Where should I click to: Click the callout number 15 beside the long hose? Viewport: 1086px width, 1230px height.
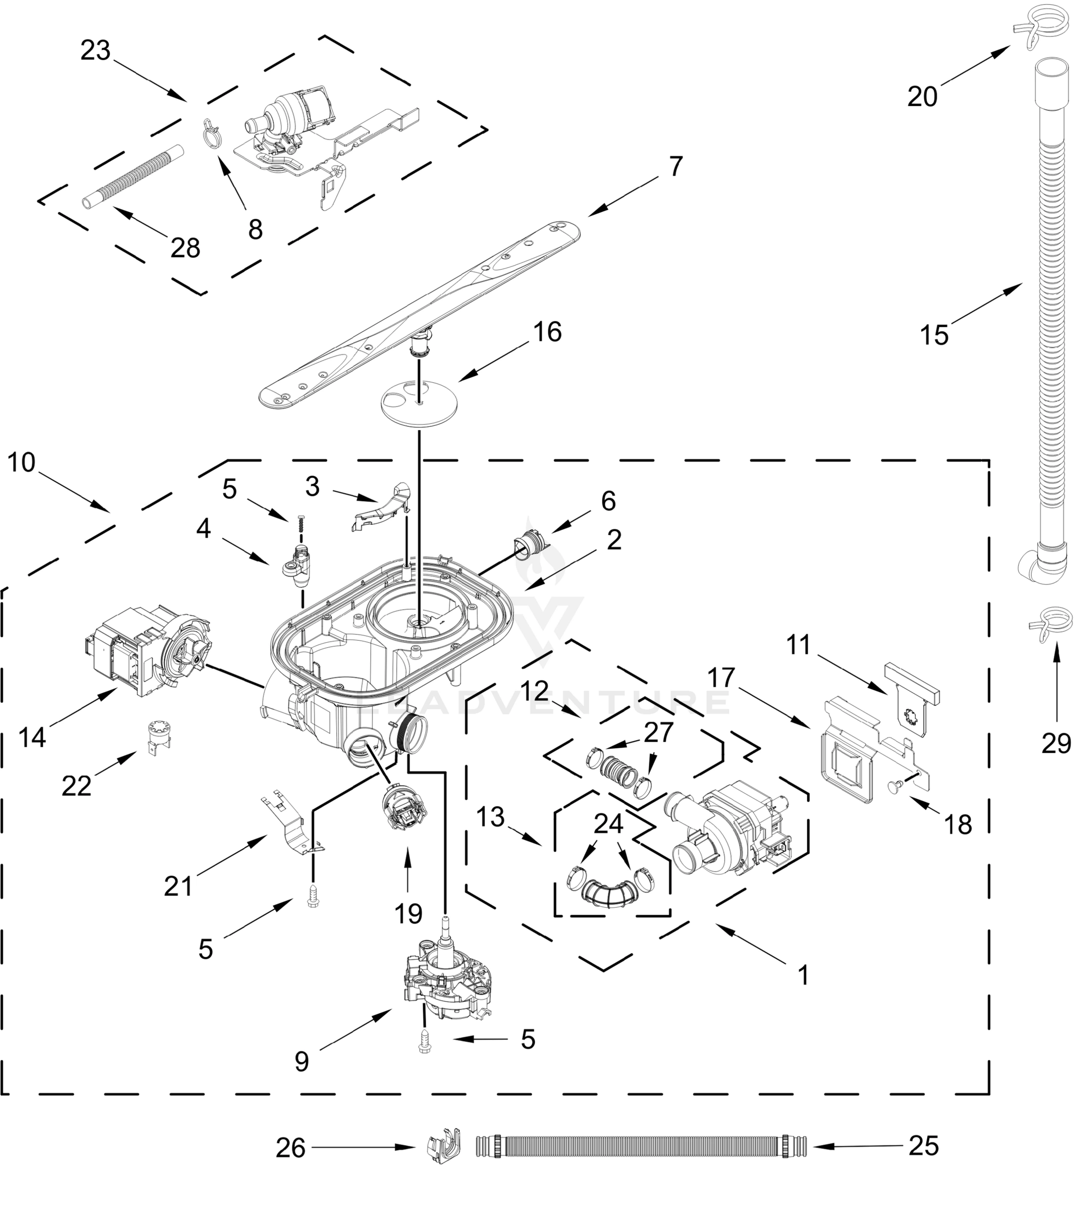pos(934,335)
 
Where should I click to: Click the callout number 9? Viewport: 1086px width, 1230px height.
pos(301,1061)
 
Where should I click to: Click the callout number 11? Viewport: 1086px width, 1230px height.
pos(798,645)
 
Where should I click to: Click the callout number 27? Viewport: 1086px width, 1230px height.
pos(658,732)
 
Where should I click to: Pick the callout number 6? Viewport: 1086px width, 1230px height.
pos(608,501)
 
